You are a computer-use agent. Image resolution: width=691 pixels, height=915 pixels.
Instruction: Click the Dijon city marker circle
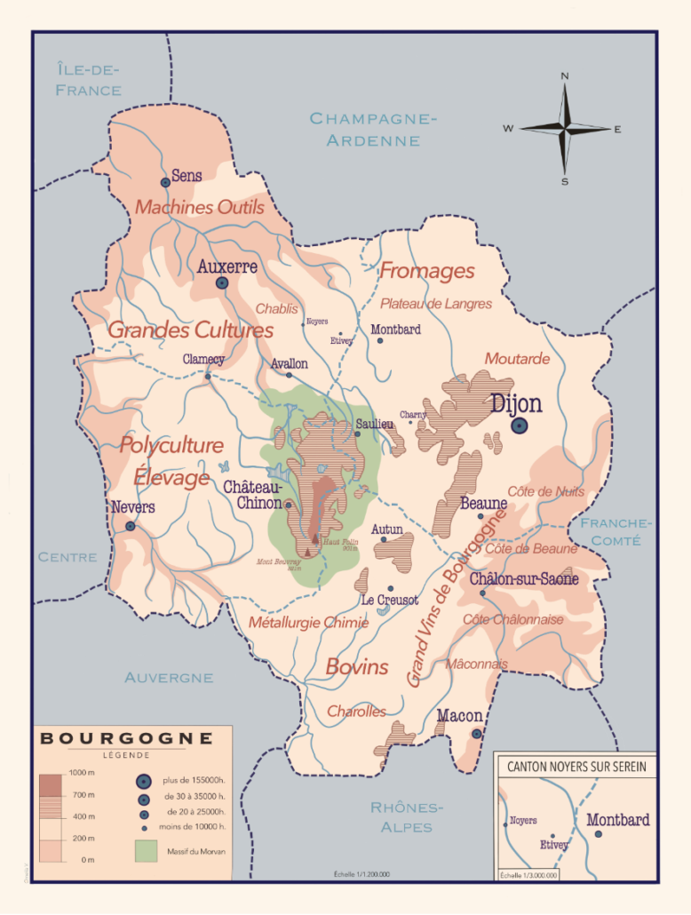coord(520,426)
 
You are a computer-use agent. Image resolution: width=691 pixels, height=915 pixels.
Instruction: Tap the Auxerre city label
coord(227,266)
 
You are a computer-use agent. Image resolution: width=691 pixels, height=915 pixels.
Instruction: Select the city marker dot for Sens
coord(165,182)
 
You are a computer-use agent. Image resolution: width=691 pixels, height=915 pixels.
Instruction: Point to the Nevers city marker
coord(131,526)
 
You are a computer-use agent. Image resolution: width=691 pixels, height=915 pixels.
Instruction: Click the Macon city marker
coord(477,734)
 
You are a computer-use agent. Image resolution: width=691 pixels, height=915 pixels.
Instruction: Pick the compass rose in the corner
coord(563,129)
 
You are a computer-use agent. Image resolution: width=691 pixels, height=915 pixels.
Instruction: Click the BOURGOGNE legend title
coord(127,738)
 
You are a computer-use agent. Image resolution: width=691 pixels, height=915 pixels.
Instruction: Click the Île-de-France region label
coord(88,80)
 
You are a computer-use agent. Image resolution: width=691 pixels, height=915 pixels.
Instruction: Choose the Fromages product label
coord(427,272)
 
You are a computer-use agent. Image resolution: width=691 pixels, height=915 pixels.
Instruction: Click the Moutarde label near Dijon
coord(517,359)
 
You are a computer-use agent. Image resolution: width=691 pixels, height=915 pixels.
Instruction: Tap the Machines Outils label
coord(200,208)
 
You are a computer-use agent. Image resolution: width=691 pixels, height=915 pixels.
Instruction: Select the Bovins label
coord(356,666)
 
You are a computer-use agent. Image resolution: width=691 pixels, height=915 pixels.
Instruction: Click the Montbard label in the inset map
coord(618,819)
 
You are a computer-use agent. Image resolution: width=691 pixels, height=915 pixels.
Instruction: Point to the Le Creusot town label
coord(390,600)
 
